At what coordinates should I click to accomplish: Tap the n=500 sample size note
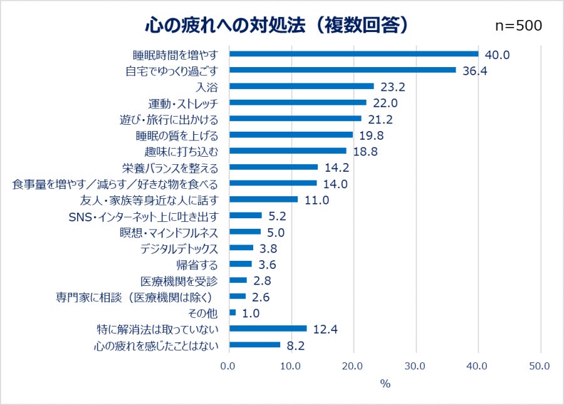coord(518,26)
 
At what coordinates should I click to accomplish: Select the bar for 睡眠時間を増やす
coord(353,54)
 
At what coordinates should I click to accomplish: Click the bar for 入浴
coord(301,87)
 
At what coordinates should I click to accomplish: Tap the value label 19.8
coord(370,135)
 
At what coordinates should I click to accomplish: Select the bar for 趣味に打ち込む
coord(288,151)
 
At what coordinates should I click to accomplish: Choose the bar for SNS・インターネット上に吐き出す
coord(245,216)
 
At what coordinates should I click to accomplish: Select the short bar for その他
coord(232,313)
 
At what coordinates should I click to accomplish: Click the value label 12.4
coord(325,329)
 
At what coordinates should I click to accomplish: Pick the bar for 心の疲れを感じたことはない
coord(254,345)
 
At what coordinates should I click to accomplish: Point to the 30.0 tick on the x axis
coord(415,366)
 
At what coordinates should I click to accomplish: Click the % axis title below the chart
coord(385,383)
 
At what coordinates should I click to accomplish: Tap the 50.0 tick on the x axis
coord(540,366)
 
